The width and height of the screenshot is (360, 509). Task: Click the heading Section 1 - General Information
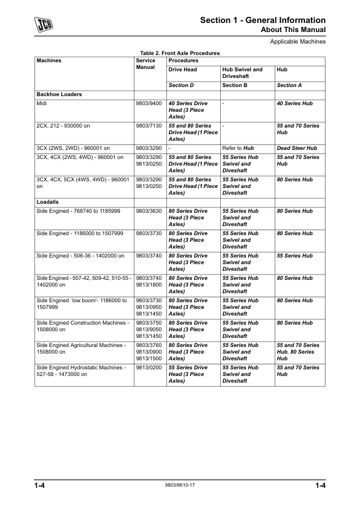(263, 21)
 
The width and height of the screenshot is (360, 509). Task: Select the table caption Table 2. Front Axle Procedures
(180, 53)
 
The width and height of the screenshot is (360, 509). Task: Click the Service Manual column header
(146, 63)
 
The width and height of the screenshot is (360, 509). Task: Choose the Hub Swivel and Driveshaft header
(243, 73)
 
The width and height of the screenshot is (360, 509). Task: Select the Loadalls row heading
(48, 202)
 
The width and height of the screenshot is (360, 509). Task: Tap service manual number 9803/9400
(149, 104)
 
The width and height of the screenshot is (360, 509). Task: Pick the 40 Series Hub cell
(295, 104)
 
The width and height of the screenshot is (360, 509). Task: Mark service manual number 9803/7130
(149, 126)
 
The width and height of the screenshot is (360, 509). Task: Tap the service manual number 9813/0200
(149, 368)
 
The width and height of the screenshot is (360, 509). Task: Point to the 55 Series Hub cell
(295, 256)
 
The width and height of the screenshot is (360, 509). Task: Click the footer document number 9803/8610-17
(180, 485)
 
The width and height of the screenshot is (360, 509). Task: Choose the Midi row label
(43, 104)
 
